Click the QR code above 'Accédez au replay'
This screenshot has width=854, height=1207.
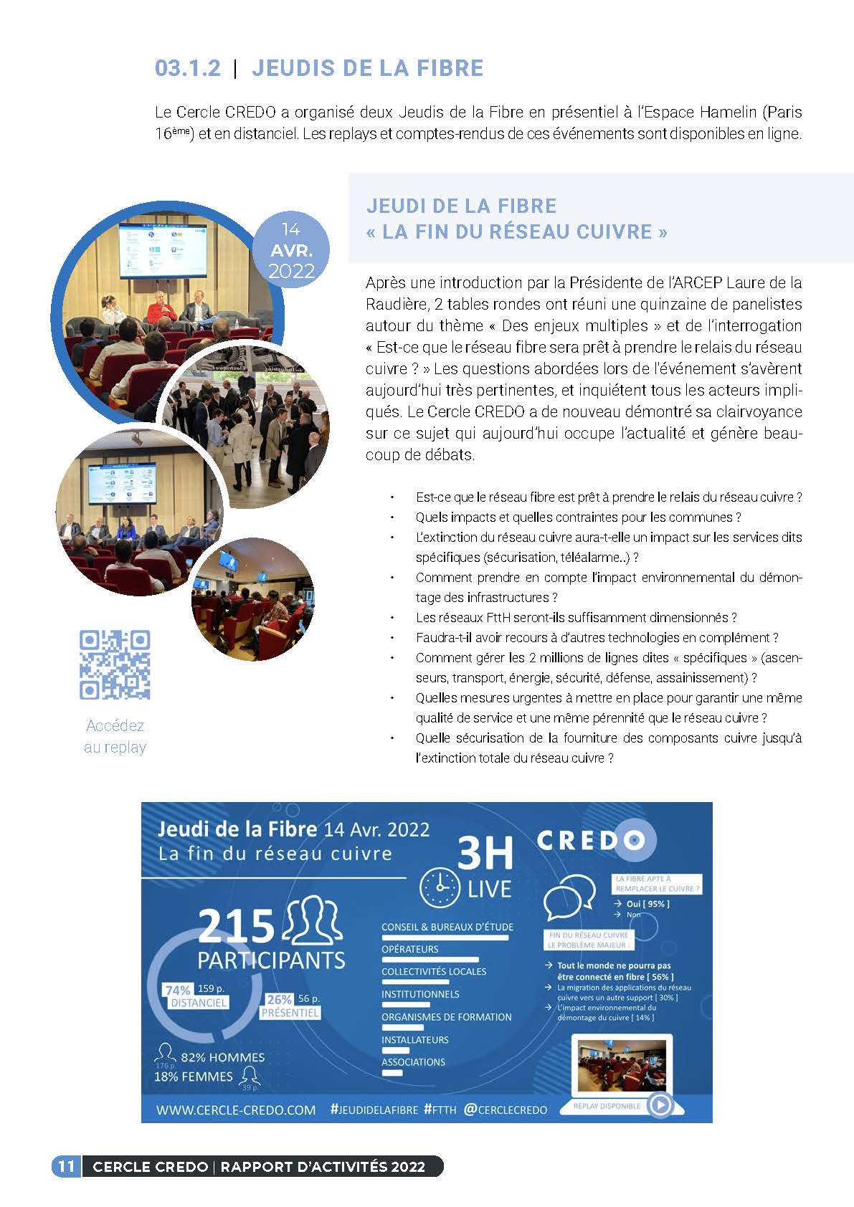[x=115, y=664]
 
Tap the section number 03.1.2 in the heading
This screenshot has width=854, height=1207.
[x=188, y=68]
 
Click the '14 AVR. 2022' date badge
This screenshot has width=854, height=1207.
[x=291, y=251]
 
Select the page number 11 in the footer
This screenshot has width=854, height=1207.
[x=66, y=1166]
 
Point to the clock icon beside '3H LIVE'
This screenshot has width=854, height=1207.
[x=440, y=888]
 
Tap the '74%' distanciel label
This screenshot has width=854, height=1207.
[x=178, y=991]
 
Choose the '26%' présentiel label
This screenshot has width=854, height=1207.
[x=279, y=999]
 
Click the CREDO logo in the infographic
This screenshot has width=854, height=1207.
[x=590, y=840]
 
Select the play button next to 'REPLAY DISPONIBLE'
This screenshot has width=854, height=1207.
[x=660, y=1105]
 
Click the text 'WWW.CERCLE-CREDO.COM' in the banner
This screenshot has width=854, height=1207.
[x=236, y=1110]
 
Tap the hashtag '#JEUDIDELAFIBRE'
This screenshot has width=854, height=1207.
[x=374, y=1110]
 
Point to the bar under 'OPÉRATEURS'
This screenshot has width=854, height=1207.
[x=430, y=959]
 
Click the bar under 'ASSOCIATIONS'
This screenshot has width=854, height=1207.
[x=392, y=1073]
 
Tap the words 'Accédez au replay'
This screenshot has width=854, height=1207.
[x=115, y=736]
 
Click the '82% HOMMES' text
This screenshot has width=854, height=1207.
[x=222, y=1057]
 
